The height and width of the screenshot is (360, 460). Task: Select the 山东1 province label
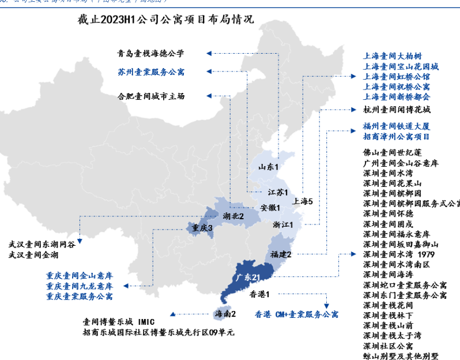(269, 167)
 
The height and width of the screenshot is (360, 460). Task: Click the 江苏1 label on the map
(278, 192)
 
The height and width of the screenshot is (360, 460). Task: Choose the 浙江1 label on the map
(283, 224)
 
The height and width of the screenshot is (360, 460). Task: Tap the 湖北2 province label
(233, 216)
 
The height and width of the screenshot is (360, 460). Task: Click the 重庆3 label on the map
(202, 228)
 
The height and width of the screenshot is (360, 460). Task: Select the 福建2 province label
(281, 254)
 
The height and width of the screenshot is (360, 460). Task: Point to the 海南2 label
(225, 314)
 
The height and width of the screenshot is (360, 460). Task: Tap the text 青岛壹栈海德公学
(150, 54)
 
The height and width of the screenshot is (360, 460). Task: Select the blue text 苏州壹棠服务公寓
(150, 72)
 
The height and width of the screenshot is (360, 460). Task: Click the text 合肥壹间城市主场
(150, 96)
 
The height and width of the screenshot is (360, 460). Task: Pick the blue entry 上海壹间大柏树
(392, 57)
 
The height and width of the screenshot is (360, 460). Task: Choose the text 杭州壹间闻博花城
(396, 108)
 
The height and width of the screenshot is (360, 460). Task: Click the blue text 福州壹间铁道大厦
(396, 126)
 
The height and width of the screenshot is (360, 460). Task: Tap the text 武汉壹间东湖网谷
(42, 244)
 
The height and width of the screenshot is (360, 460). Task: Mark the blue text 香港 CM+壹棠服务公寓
(296, 314)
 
